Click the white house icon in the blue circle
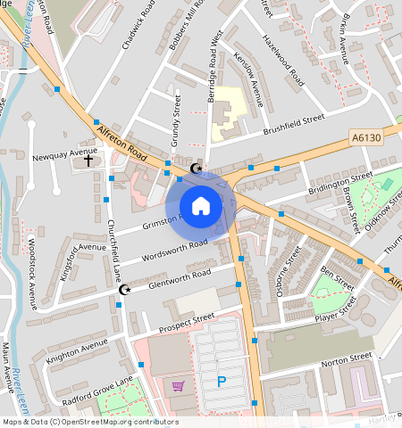201,206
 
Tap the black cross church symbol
88,161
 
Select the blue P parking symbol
221,383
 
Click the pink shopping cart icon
178,387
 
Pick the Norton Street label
346,359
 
